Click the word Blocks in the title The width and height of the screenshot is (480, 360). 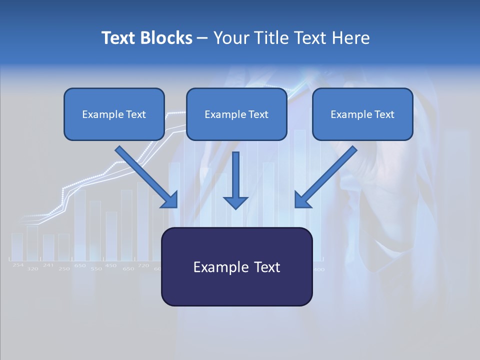pyautogui.click(x=166, y=38)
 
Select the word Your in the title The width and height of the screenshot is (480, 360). pyautogui.click(x=230, y=38)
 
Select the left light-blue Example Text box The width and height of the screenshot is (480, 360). pyautogui.click(x=114, y=114)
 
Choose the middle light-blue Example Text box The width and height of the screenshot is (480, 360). pyautogui.click(x=236, y=114)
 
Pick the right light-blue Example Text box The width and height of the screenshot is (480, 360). pyautogui.click(x=362, y=114)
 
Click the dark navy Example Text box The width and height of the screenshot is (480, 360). pyautogui.click(x=236, y=266)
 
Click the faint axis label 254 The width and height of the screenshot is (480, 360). pyautogui.click(x=18, y=265)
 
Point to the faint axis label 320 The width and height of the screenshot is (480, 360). pyautogui.click(x=32, y=269)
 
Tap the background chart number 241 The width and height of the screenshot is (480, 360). pyautogui.click(x=48, y=265)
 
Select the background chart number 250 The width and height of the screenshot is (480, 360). pyautogui.click(x=64, y=269)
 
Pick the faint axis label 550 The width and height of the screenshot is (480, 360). pyautogui.click(x=96, y=269)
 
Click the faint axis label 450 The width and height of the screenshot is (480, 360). pyautogui.click(x=111, y=265)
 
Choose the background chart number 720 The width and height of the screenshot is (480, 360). pyautogui.click(x=143, y=265)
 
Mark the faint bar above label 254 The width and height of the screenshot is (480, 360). pyautogui.click(x=17, y=246)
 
